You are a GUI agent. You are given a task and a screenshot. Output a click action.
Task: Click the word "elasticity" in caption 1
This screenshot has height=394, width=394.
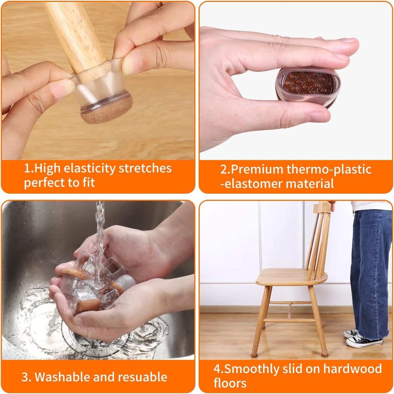coord(89,168)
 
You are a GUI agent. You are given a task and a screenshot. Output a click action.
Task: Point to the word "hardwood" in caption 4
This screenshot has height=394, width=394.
coord(352,369)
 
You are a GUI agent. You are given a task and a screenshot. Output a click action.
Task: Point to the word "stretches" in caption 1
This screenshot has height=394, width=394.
coord(145,168)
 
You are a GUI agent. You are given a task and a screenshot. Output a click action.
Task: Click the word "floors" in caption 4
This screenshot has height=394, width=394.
coord(230,383)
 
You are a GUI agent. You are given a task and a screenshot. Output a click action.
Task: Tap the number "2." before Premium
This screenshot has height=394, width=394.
coord(225,170)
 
